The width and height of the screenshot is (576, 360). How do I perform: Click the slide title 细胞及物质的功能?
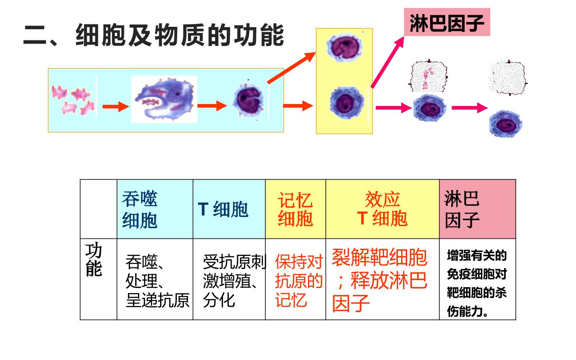180,35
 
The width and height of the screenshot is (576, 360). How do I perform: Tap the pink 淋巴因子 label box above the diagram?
447,22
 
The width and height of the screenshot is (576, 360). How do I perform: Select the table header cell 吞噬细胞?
155,209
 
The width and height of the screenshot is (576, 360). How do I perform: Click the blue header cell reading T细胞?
229,209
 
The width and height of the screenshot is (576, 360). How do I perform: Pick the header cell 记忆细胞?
296,209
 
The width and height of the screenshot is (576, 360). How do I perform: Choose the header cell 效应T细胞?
382,209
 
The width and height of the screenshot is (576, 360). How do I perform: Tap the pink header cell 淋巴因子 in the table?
478,209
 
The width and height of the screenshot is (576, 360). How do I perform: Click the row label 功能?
94,259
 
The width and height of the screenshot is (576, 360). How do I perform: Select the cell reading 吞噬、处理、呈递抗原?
157,281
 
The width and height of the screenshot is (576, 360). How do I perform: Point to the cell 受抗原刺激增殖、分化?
234,281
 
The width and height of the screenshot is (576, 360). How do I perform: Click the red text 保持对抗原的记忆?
299,281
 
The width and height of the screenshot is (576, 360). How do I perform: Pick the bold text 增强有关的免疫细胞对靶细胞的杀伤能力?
477,283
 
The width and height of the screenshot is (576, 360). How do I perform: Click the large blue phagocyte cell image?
164,99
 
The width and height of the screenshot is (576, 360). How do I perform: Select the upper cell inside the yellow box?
344,47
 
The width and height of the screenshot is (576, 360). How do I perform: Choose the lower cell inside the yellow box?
347,103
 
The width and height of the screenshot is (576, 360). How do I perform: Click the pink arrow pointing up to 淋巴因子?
388,62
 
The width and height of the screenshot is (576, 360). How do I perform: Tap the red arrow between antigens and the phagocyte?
116,106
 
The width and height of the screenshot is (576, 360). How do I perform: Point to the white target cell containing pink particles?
428,76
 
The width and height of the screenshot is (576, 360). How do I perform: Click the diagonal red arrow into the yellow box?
291,68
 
